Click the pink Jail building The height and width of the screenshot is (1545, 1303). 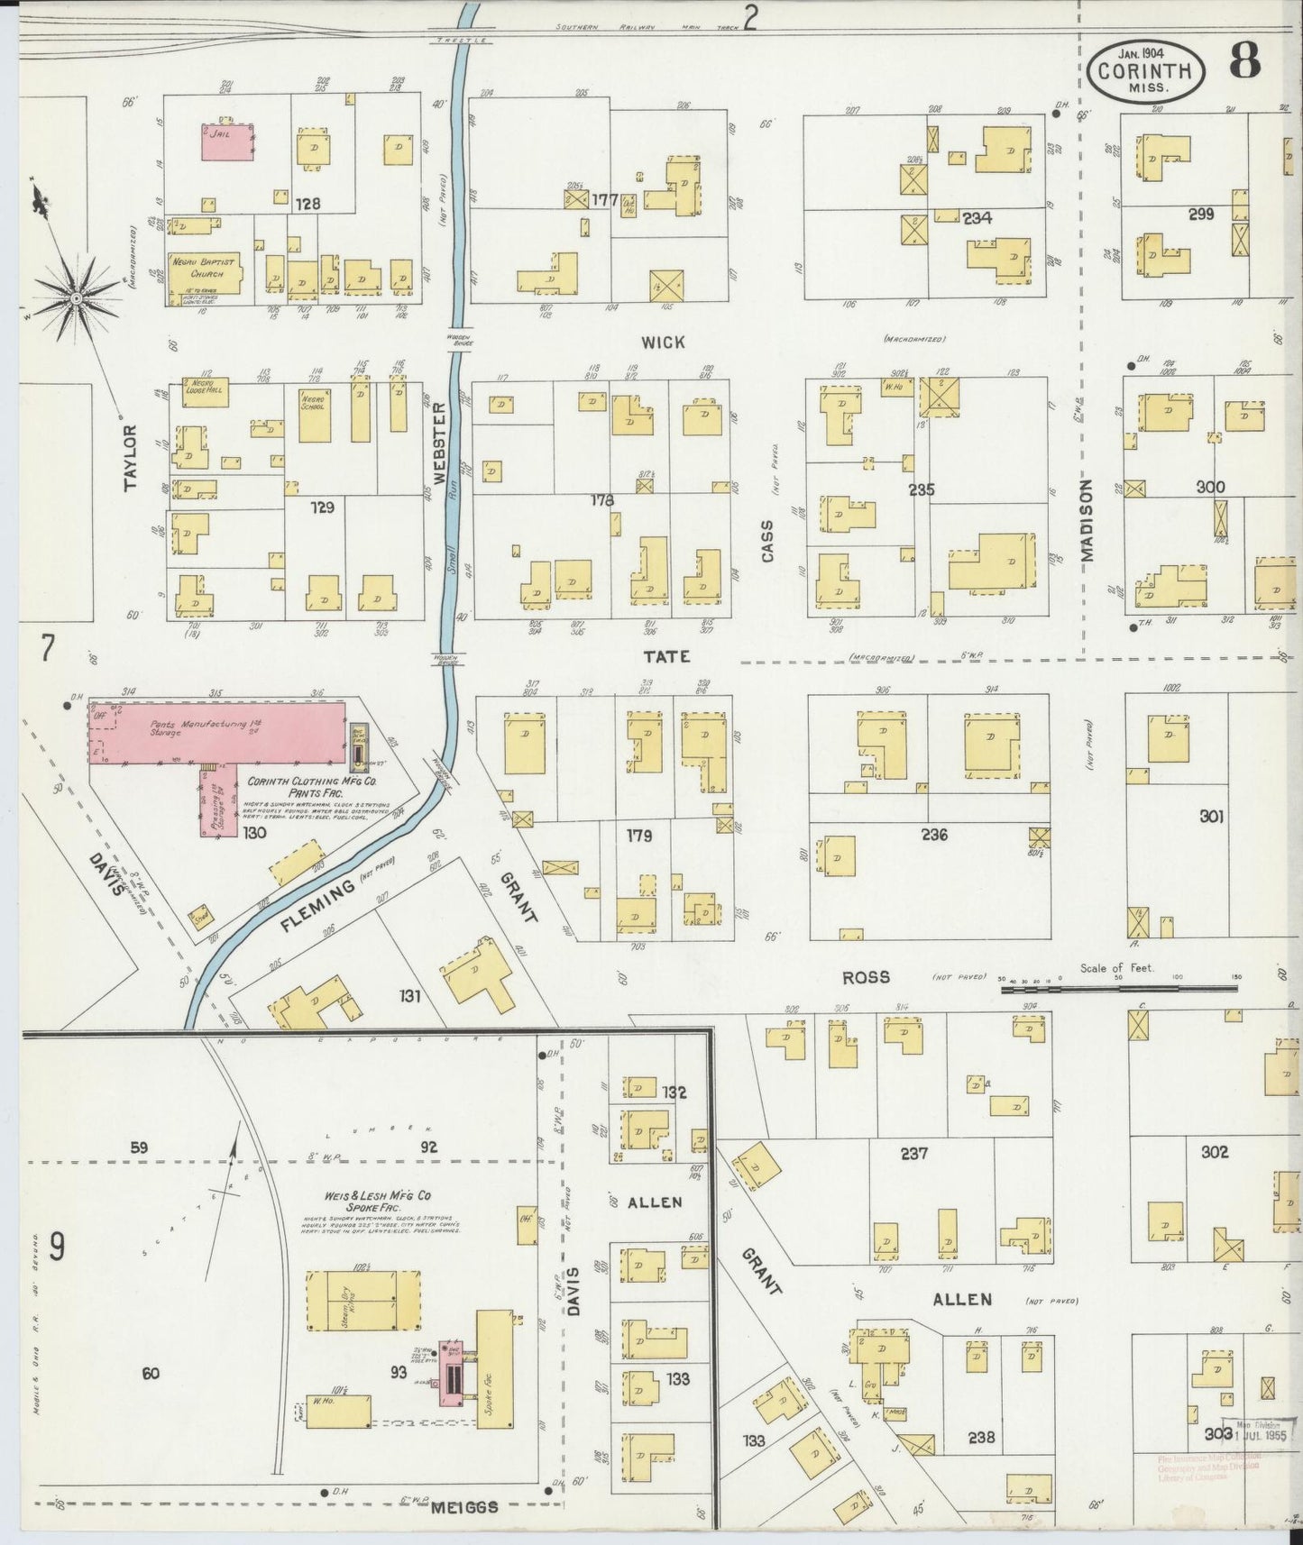[x=225, y=142]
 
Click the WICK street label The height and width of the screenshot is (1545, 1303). [x=663, y=342]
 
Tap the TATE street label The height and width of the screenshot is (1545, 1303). [x=667, y=656]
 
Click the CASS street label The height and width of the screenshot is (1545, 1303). [x=767, y=541]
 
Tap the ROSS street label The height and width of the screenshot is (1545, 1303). [x=866, y=977]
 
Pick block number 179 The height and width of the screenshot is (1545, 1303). [x=639, y=835]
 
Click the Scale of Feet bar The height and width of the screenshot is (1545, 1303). [x=1118, y=989]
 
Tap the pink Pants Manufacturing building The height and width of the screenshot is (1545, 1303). [x=216, y=733]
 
